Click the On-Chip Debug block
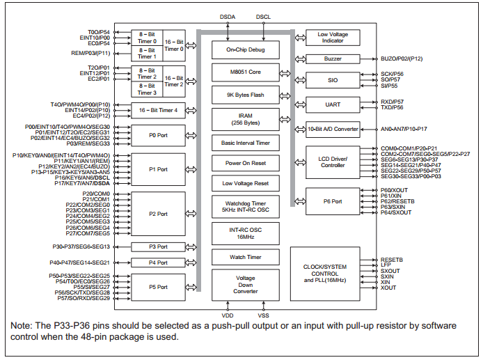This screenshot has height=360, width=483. (x=246, y=49)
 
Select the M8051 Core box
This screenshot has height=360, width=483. (x=246, y=72)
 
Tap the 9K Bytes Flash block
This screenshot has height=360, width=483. (x=246, y=95)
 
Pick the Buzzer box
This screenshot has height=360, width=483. (x=333, y=59)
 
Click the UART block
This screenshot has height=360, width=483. (x=333, y=104)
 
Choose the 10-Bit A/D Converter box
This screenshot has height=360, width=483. (x=333, y=129)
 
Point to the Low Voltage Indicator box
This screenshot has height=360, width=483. (x=333, y=38)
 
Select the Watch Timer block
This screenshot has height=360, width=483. (x=246, y=258)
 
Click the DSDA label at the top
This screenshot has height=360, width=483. (x=228, y=16)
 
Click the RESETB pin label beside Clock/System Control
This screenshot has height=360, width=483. (x=391, y=259)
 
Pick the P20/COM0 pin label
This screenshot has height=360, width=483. (x=97, y=193)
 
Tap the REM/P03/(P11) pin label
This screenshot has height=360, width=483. (x=90, y=53)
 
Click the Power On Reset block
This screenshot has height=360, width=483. (x=246, y=164)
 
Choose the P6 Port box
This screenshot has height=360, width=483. (x=333, y=201)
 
